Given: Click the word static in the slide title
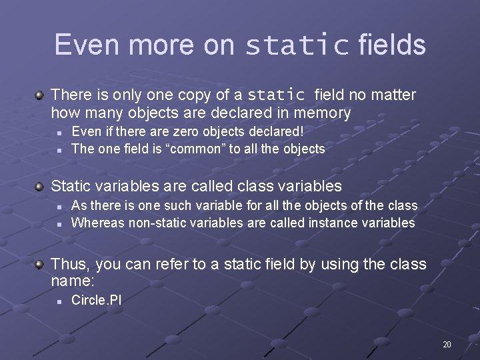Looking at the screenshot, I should (x=297, y=45).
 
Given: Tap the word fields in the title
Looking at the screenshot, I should (x=392, y=45).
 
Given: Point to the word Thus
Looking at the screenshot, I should (x=70, y=264).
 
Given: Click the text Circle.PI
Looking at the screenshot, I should (x=96, y=301).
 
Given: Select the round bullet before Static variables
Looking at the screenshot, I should (x=41, y=186).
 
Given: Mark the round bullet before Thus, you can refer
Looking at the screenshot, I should (x=41, y=265).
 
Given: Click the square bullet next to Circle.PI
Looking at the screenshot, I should (x=59, y=301).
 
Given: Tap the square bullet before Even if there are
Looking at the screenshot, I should (x=59, y=133).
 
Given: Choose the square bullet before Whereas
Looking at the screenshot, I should (x=59, y=223).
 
